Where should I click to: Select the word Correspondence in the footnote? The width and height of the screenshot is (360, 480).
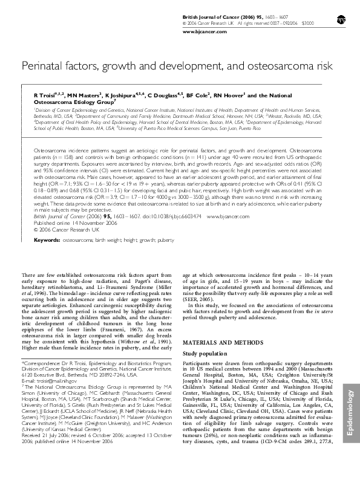click(x=40, y=360)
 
